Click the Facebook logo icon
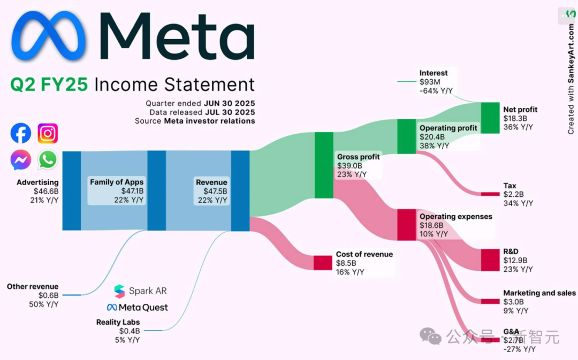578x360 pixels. click(x=21, y=133)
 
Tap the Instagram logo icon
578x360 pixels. click(x=48, y=133)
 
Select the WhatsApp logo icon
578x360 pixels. click(x=48, y=159)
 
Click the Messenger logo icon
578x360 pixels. click(x=21, y=159)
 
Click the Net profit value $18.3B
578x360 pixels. click(x=515, y=119)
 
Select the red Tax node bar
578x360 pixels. click(x=489, y=194)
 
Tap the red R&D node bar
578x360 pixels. click(x=489, y=259)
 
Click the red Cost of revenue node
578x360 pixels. click(x=323, y=263)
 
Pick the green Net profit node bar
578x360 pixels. click(x=489, y=114)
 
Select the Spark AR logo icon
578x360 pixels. click(x=119, y=291)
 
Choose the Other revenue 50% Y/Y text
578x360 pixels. click(x=43, y=304)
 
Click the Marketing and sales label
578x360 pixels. click(x=539, y=293)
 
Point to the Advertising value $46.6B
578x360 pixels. click(x=45, y=191)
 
